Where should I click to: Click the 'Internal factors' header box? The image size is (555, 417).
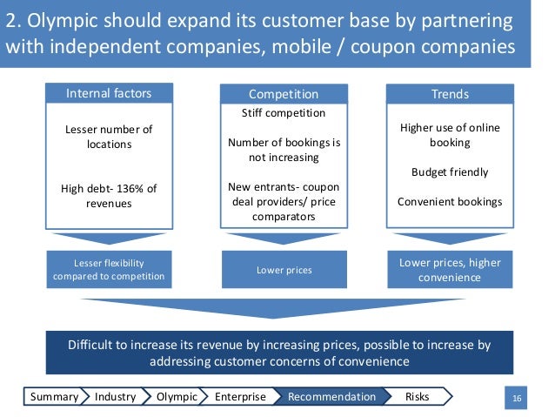(109, 93)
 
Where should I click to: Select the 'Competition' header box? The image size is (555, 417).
(284, 93)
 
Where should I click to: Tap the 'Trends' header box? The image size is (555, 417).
(450, 93)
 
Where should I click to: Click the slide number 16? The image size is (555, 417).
(518, 398)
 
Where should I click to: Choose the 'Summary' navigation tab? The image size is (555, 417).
(54, 397)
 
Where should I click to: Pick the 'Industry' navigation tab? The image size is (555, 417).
(115, 397)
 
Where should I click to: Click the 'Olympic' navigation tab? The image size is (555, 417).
(176, 397)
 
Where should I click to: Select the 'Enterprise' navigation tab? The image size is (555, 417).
(240, 397)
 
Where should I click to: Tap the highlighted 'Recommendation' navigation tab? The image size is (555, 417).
(331, 397)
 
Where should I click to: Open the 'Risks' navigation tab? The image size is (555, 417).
(417, 397)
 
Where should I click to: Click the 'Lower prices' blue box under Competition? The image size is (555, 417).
(284, 270)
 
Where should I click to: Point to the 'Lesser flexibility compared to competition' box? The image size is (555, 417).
(110, 270)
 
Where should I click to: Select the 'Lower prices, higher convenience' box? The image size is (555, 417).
(450, 270)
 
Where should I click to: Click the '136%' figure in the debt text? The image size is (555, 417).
(124, 189)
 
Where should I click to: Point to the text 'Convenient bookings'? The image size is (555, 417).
(450, 201)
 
